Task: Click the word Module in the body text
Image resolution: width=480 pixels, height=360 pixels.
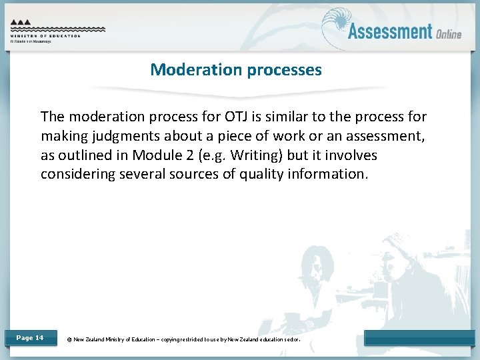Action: click(x=153, y=155)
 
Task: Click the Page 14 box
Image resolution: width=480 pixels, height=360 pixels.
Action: click(x=30, y=338)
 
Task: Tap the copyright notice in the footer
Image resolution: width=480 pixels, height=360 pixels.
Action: click(x=183, y=339)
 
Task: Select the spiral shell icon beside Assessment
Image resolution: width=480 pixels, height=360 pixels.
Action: click(x=335, y=27)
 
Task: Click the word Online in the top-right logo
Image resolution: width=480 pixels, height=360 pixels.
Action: click(x=449, y=33)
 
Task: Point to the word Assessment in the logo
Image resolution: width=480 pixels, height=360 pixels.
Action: click(x=390, y=31)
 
